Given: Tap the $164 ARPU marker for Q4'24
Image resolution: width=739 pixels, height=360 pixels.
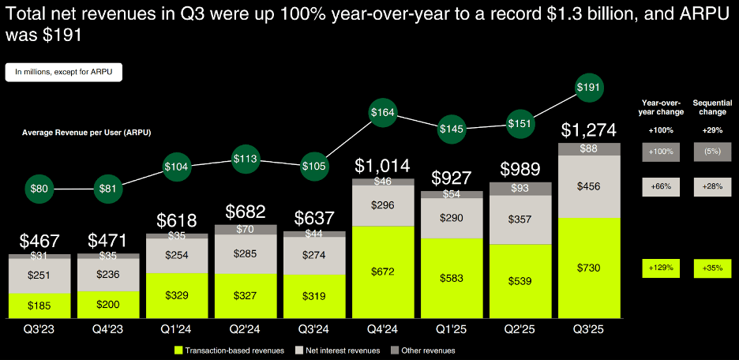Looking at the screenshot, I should (382, 113).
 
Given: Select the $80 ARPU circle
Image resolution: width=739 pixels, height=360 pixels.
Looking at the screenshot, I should (39, 189).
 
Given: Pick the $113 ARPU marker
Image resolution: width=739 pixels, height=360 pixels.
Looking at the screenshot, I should (245, 158).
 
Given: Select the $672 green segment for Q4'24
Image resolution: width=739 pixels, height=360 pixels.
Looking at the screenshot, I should (382, 272).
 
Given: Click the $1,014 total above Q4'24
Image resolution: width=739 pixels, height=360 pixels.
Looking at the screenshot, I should (382, 166).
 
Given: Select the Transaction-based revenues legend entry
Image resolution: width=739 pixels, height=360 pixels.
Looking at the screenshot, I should (224, 350).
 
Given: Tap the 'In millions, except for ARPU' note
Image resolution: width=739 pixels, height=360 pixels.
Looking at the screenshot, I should (64, 72).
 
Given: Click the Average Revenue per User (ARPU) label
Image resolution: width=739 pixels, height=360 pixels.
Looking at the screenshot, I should (87, 131).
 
